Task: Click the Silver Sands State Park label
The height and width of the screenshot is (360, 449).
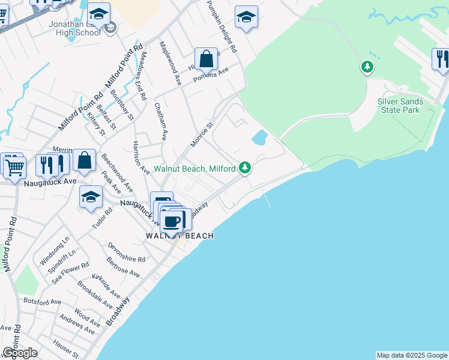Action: [400, 106]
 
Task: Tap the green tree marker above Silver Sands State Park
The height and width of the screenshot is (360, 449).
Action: [367, 67]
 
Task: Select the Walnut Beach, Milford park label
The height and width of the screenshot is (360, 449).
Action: [194, 169]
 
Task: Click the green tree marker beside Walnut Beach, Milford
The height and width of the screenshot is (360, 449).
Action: [244, 167]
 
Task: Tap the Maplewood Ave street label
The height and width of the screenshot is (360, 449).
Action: [169, 63]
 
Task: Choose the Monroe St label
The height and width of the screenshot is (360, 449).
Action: [202, 135]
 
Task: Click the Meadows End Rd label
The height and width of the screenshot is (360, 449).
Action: [142, 75]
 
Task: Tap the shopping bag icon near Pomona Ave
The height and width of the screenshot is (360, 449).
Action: [206, 59]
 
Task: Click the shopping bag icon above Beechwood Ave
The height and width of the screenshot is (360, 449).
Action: [85, 161]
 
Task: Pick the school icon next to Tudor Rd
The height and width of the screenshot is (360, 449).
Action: [91, 197]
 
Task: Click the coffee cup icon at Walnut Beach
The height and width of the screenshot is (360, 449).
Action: [172, 221]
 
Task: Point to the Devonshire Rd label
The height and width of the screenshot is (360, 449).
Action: [127, 253]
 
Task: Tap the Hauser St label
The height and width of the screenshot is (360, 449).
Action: [65, 347]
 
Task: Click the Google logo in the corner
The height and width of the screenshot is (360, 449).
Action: [20, 353]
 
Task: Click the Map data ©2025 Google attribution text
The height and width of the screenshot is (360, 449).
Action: [412, 355]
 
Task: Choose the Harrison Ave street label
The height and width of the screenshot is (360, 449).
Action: [140, 158]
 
